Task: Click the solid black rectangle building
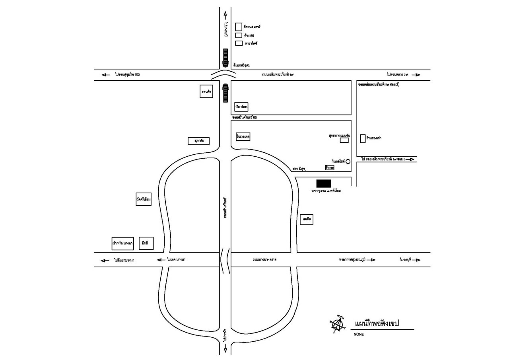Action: pos(323,183)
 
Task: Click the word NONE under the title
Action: pos(358,335)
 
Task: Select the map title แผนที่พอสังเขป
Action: pos(377,323)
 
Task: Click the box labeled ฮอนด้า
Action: pos(206,91)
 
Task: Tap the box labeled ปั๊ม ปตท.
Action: pos(241,107)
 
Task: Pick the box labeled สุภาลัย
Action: pos(198,141)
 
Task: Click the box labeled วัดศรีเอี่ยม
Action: pos(144,199)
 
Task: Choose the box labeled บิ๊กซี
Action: pos(146,243)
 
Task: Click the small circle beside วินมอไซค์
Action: pos(348,161)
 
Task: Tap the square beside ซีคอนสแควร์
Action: pos(239,27)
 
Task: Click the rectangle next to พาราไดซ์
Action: pos(239,43)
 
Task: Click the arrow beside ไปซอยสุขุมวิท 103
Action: pos(106,75)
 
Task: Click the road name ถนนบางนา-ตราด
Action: pos(264,260)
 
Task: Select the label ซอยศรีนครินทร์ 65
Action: pos(245,118)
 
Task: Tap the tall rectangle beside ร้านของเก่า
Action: pos(362,138)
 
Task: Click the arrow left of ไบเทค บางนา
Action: pos(161,260)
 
